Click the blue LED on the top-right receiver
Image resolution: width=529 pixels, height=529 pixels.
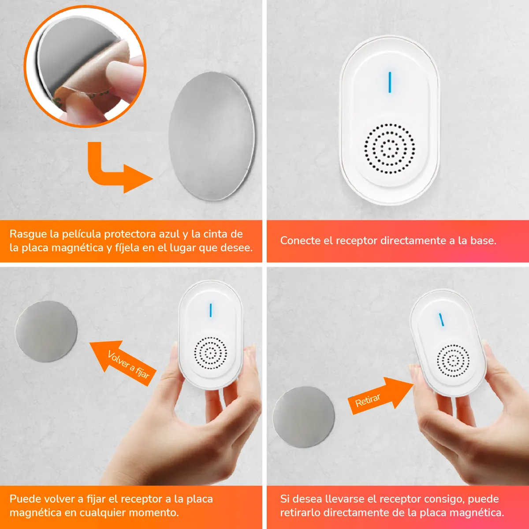[x=390, y=82]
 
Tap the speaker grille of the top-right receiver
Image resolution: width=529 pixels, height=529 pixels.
[x=390, y=149]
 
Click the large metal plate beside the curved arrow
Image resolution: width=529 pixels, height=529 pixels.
[x=212, y=136]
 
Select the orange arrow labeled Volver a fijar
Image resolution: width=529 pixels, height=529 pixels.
[x=123, y=363]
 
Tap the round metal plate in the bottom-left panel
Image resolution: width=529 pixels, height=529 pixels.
[x=46, y=331]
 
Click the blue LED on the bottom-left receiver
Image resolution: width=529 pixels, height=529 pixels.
[x=211, y=310]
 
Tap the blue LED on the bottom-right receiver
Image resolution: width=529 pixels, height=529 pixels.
[x=441, y=320]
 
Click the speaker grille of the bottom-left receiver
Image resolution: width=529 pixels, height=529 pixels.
[x=211, y=353]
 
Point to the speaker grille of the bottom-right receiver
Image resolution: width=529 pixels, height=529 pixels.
[x=453, y=361]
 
